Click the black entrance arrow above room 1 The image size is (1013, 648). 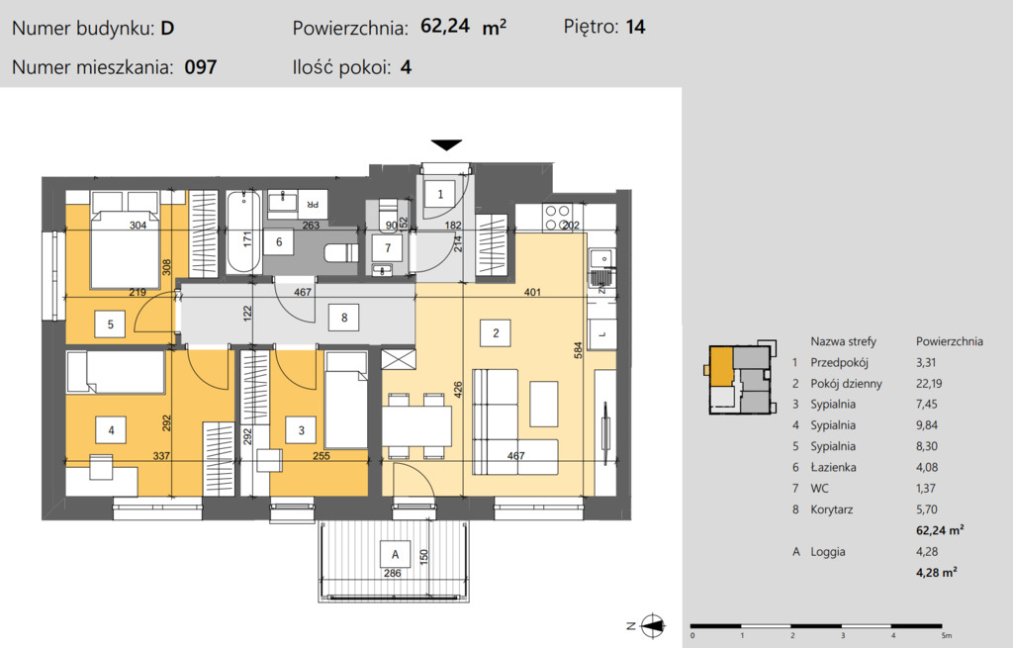[x=446, y=145]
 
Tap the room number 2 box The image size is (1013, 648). [x=496, y=333]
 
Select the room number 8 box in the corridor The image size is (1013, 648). [x=343, y=318]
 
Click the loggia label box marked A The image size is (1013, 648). [x=395, y=554]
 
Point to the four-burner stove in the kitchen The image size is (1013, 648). [x=557, y=218]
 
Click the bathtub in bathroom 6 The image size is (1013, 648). [x=243, y=232]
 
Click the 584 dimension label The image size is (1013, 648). [x=578, y=350]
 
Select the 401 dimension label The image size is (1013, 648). [x=532, y=292]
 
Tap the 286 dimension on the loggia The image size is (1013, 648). [x=392, y=573]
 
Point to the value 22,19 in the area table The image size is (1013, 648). [x=928, y=383]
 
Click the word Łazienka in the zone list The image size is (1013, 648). [x=833, y=467]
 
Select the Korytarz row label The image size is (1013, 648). [x=831, y=509]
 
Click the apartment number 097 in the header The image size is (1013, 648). [x=200, y=67]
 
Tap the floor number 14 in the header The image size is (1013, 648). [x=635, y=27]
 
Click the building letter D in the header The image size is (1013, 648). [x=167, y=29]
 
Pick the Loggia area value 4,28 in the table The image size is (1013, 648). [x=926, y=552]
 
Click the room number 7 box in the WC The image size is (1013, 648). [x=388, y=247]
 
